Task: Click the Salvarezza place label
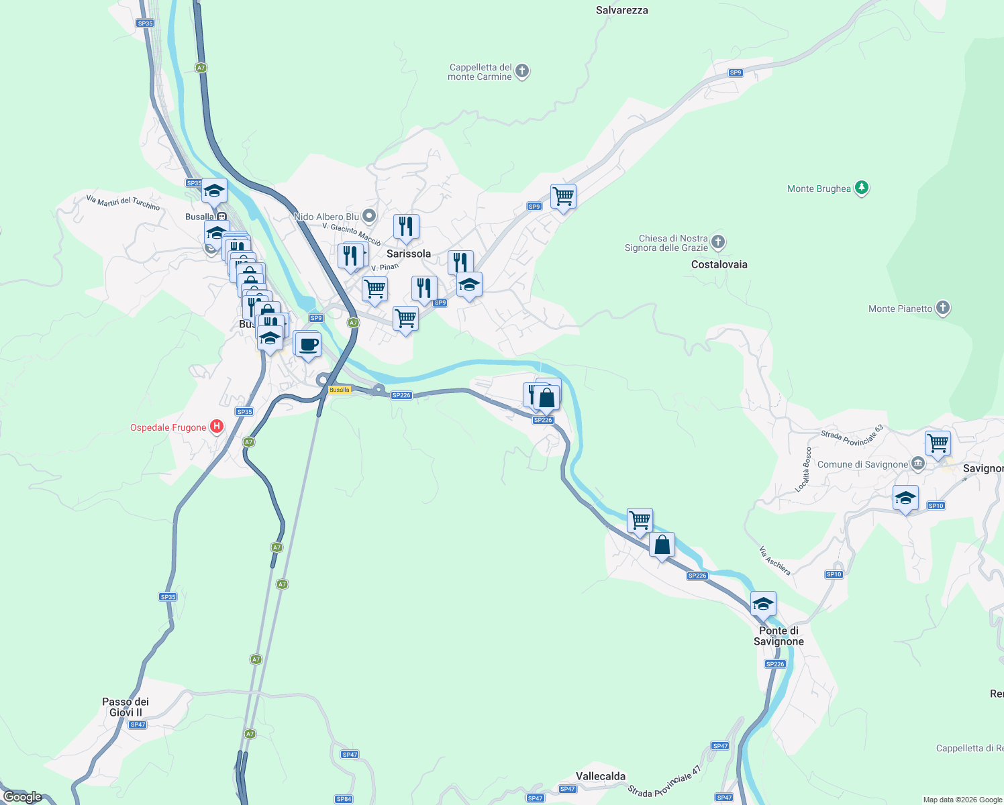621,10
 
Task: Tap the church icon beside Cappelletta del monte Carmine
522,71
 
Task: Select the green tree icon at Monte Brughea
862,189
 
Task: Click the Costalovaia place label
719,264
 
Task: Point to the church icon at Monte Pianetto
943,308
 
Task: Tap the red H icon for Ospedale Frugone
216,427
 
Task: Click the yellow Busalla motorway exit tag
339,390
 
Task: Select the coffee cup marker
308,345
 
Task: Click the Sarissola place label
408,254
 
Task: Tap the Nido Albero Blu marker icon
368,216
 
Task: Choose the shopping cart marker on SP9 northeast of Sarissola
563,197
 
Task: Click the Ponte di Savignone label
779,636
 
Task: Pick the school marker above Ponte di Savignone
763,604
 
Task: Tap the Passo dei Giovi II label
125,707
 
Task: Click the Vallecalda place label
600,776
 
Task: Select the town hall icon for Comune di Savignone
918,464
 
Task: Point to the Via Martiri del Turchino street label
123,202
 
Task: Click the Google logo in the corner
23,797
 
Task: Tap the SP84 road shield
344,799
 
